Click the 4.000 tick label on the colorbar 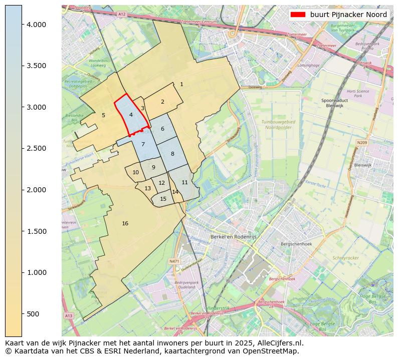click(36, 25)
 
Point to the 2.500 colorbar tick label click(36, 149)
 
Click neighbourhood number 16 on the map click(125, 223)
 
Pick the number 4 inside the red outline click(131, 115)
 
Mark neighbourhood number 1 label click(181, 84)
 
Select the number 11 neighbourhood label click(184, 182)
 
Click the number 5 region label click(103, 115)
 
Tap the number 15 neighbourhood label click(163, 199)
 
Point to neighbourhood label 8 click(172, 154)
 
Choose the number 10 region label click(135, 172)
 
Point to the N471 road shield click(174, 261)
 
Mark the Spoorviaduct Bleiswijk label click(335, 103)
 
